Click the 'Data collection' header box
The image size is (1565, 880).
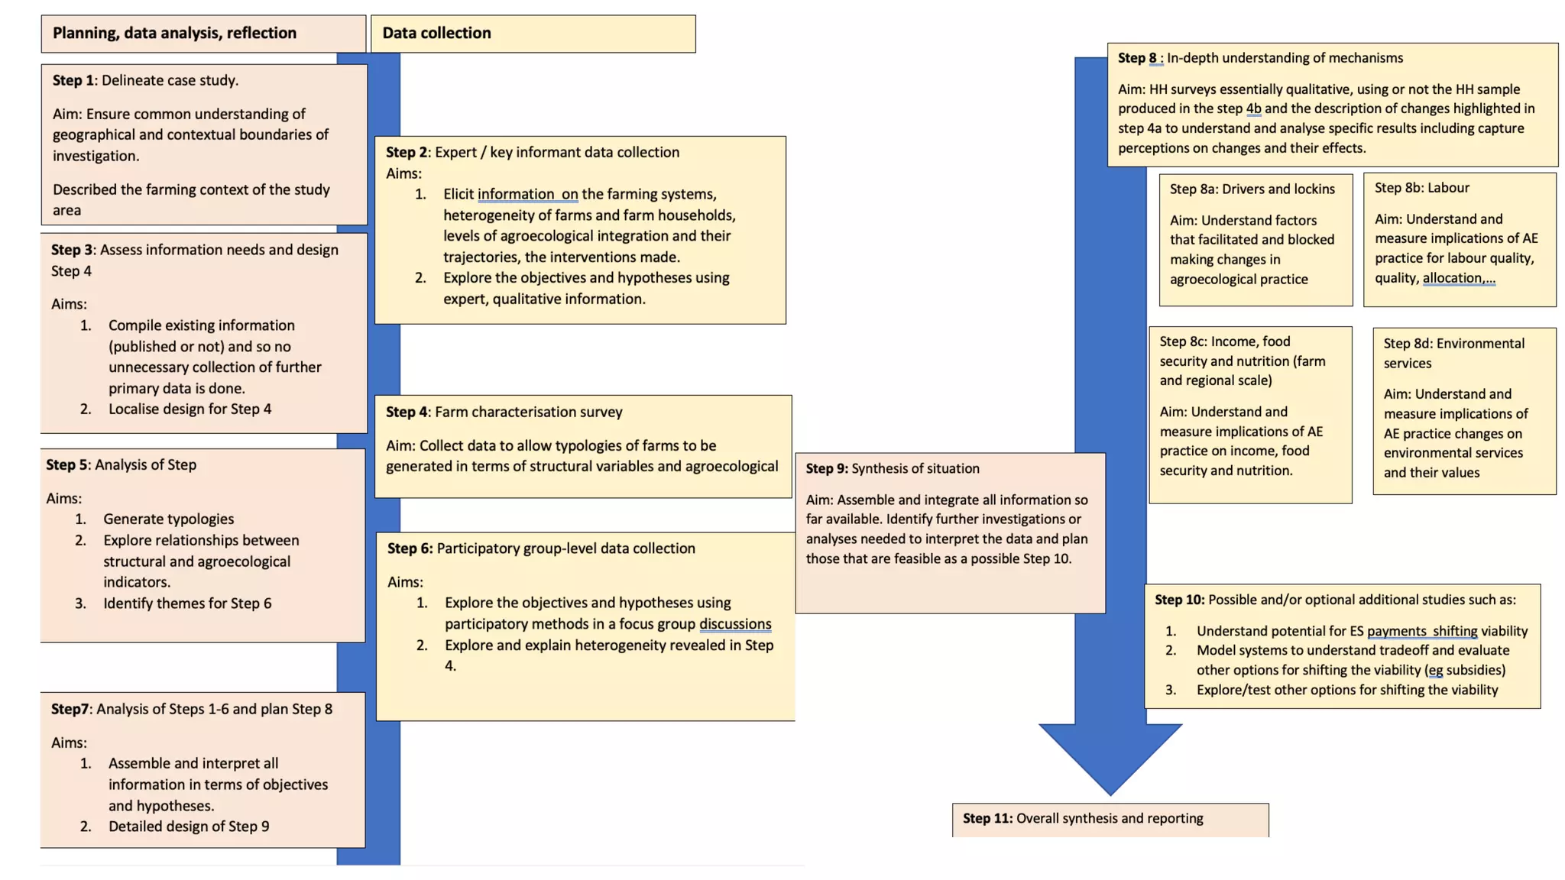pos(533,34)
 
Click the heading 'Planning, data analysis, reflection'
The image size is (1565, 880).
pos(174,33)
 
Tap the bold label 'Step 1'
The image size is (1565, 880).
pos(73,80)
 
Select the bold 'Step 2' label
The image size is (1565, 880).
pos(407,152)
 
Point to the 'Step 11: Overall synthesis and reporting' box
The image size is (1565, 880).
pos(1110,819)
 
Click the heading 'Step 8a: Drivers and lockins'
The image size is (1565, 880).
pos(1252,189)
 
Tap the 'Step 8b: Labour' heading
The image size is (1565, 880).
pos(1421,188)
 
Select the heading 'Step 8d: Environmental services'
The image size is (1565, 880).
pos(1453,352)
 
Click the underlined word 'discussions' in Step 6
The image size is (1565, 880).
pos(735,624)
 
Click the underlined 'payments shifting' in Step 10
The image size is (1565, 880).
pos(1421,631)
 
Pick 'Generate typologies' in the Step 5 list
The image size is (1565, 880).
pos(169,519)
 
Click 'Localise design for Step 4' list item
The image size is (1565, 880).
pos(190,409)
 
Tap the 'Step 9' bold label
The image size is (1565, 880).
pos(826,469)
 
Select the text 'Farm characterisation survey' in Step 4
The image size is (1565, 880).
pos(529,412)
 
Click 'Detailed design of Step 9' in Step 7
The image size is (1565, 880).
pos(189,827)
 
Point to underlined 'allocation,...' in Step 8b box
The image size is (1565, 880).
pos(1458,278)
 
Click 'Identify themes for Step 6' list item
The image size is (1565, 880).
pos(187,603)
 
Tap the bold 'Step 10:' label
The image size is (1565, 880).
pos(1179,600)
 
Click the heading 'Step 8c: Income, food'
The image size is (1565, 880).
pos(1224,341)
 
